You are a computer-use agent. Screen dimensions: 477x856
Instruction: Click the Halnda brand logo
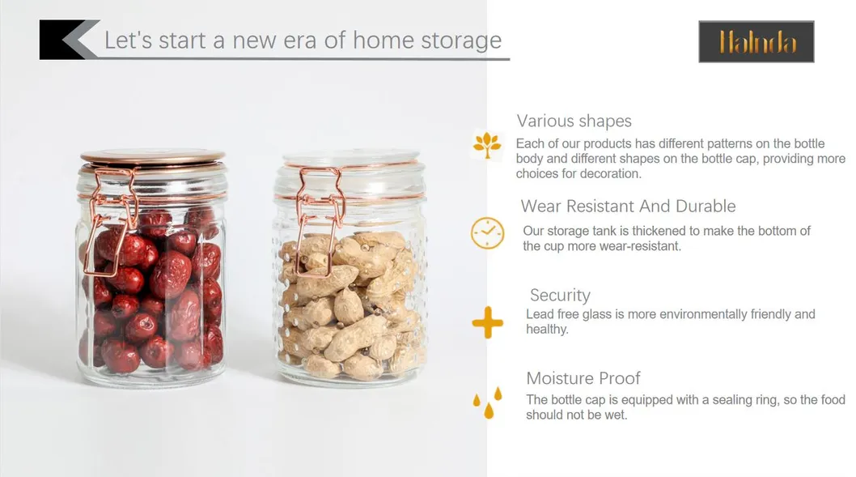(756, 41)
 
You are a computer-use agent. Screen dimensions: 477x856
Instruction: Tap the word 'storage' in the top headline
(462, 40)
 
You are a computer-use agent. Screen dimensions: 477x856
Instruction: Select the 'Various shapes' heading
(574, 121)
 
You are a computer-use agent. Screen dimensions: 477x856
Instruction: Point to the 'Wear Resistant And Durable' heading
(628, 206)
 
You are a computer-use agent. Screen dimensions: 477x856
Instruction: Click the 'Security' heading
(560, 295)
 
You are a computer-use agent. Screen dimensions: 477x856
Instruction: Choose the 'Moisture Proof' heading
(583, 378)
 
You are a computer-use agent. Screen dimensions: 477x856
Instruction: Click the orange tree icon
(487, 145)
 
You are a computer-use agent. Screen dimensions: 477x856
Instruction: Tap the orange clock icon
(487, 233)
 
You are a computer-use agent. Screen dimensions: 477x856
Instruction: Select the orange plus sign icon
(487, 323)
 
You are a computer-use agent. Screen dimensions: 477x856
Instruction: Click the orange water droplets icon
(487, 402)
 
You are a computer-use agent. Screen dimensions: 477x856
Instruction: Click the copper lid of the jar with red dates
(152, 157)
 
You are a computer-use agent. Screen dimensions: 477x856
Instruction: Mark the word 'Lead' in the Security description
(540, 314)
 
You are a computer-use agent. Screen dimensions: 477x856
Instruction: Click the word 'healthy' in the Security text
(546, 330)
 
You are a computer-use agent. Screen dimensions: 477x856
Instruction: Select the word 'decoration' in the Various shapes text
(606, 174)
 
